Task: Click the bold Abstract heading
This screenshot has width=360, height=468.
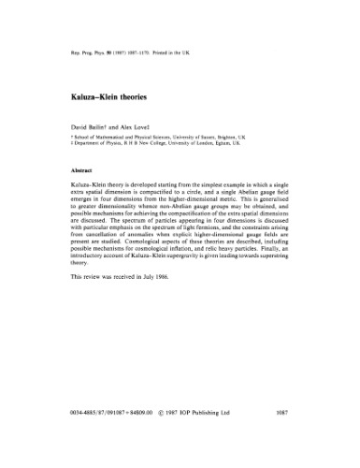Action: (x=72, y=171)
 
